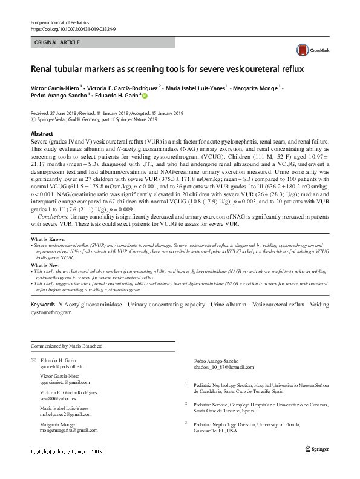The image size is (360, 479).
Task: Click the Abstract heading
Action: (41, 133)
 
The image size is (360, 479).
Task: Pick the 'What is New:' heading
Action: (45, 266)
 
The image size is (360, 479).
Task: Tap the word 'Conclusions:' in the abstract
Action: (55, 216)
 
